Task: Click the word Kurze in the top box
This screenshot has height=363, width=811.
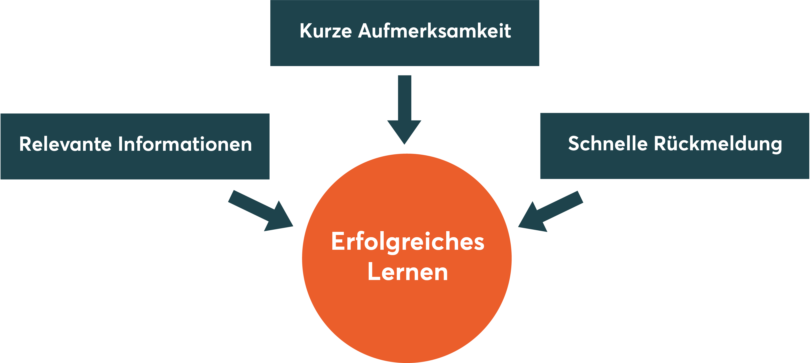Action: click(326, 31)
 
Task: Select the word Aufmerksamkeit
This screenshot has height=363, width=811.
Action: click(435, 31)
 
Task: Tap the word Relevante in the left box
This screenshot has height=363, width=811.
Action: click(65, 144)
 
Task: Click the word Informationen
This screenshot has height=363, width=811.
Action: click(185, 144)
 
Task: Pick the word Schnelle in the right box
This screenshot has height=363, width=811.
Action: click(608, 144)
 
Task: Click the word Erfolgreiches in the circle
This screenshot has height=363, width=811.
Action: click(408, 242)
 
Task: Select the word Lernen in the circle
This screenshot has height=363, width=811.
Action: click(408, 272)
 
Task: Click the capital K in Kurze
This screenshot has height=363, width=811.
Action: click(306, 31)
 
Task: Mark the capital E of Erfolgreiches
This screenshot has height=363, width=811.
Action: click(338, 242)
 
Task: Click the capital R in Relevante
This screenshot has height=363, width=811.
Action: click(25, 144)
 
